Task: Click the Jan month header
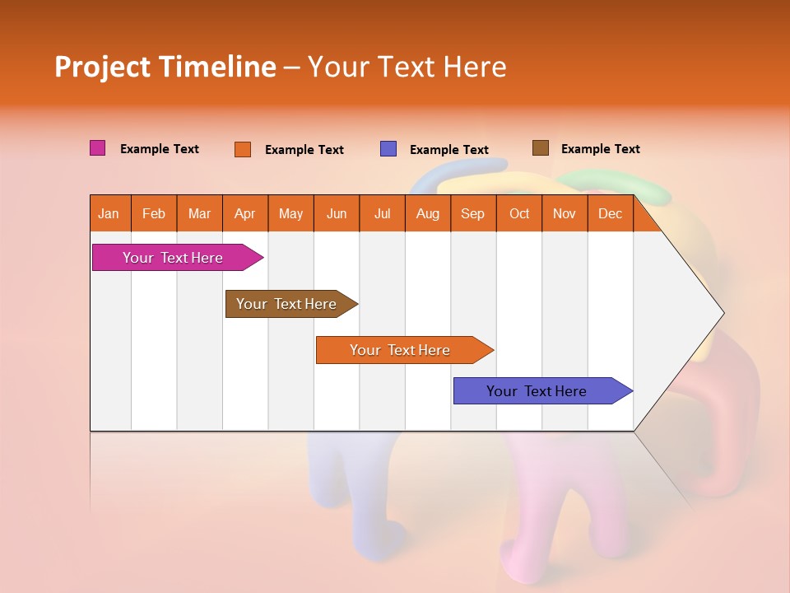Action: click(x=109, y=213)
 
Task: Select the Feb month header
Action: click(x=154, y=213)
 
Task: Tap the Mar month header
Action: click(x=199, y=213)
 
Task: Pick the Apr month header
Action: click(x=245, y=213)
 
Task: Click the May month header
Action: click(x=290, y=213)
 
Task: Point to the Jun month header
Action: click(x=337, y=213)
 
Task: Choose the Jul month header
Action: click(x=382, y=213)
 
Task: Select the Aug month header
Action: click(x=428, y=213)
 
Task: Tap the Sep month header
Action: click(x=473, y=213)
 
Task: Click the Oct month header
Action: click(x=519, y=213)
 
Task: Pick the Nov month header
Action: click(x=565, y=213)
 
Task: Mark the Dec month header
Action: click(x=611, y=213)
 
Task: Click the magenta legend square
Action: click(x=98, y=148)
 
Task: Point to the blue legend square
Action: click(x=388, y=149)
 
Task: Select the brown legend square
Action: click(x=541, y=148)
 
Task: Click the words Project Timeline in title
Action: click(x=165, y=67)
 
